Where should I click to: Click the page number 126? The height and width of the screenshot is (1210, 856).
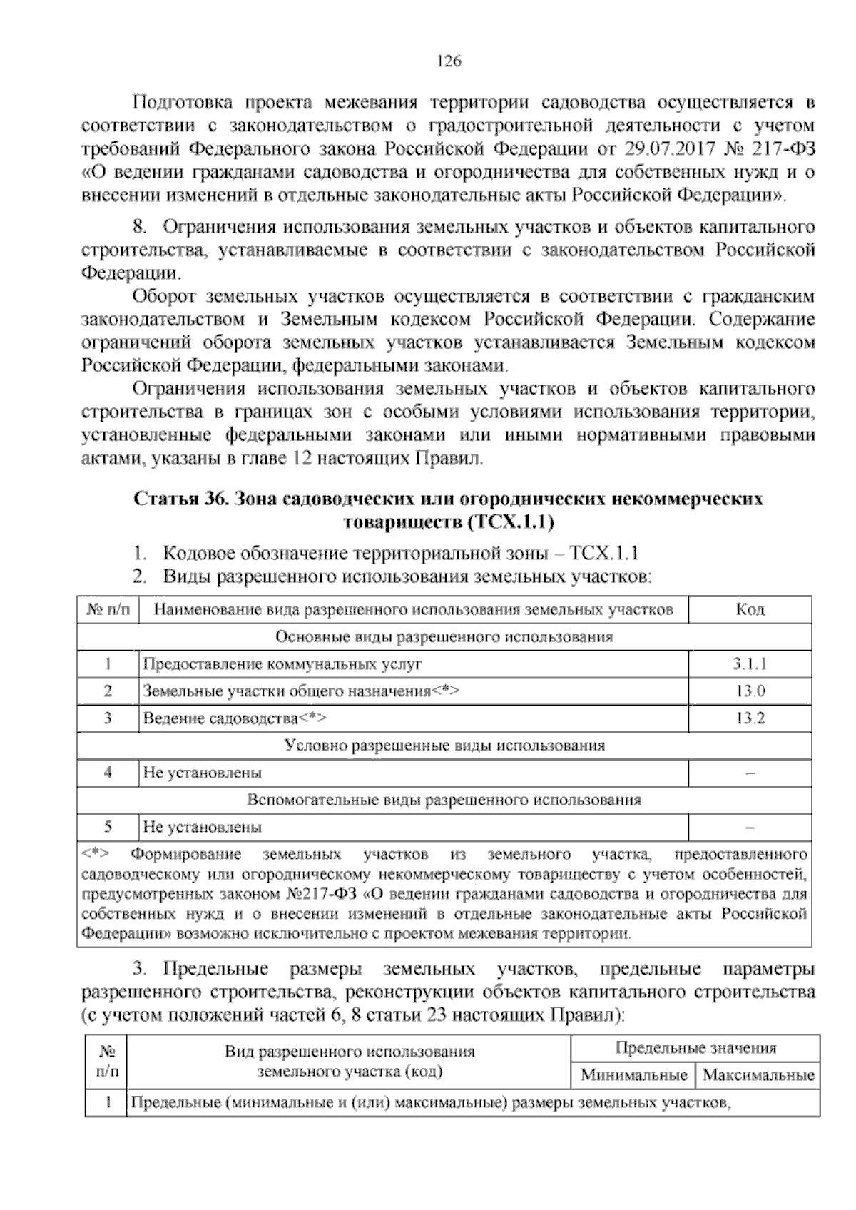(449, 61)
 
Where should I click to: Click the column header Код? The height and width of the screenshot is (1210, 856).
(750, 609)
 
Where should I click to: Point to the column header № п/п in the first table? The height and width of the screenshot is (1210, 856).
(108, 609)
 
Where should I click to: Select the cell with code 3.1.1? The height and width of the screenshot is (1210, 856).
(750, 664)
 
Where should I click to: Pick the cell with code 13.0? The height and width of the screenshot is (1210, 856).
(750, 691)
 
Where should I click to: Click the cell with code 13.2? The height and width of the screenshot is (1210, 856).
(750, 718)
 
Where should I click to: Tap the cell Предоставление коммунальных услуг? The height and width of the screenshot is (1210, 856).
(282, 664)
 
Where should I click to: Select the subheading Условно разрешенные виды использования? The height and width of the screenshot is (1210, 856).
(444, 746)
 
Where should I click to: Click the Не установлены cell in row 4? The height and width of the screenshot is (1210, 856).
(202, 773)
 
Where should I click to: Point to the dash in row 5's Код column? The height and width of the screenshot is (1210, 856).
(750, 828)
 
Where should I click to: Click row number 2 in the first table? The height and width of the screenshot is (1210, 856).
(108, 691)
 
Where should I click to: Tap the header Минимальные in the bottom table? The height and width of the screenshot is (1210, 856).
(634, 1075)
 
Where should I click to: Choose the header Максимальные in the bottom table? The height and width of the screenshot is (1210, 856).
(758, 1075)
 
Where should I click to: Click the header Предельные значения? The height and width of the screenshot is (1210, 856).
(695, 1048)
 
